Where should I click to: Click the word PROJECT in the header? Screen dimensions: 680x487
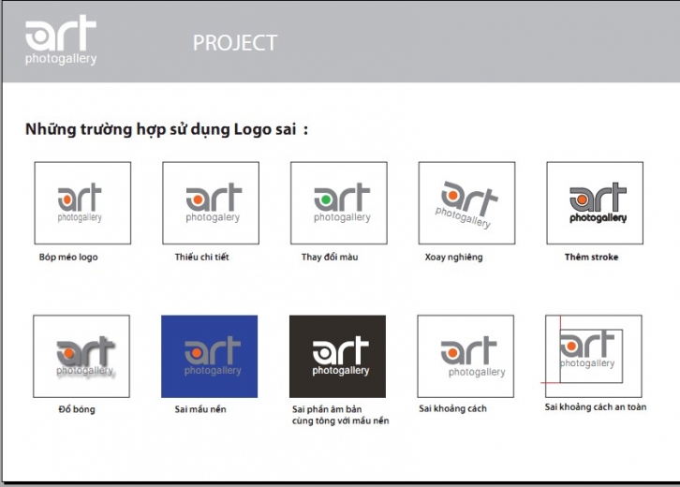(x=235, y=42)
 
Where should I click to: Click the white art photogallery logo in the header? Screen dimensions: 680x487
(x=61, y=40)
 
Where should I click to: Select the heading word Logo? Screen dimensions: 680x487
(x=251, y=129)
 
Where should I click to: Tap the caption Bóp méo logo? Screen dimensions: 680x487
(x=68, y=257)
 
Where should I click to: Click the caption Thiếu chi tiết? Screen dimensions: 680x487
(x=201, y=257)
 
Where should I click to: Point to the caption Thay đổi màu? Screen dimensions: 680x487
(x=330, y=257)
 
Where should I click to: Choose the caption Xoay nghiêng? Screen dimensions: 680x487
(x=453, y=258)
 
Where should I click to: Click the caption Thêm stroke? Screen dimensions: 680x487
(x=592, y=257)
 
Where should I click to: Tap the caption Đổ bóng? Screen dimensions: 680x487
(x=77, y=409)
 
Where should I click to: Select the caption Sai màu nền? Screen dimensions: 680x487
(x=200, y=409)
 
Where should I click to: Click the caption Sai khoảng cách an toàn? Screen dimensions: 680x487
(x=596, y=406)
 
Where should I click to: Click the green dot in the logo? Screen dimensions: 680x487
(x=326, y=199)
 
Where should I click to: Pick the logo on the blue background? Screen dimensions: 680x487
(x=213, y=356)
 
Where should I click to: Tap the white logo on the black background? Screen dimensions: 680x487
(x=341, y=356)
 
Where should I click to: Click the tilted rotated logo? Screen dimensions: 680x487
(x=466, y=205)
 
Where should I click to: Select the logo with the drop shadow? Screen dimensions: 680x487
(x=85, y=357)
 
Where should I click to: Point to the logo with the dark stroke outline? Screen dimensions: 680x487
(x=598, y=203)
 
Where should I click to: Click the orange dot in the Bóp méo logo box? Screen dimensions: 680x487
(x=67, y=199)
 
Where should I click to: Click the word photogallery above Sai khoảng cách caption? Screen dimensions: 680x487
(x=477, y=372)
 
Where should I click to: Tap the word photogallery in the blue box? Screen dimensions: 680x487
(x=213, y=371)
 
